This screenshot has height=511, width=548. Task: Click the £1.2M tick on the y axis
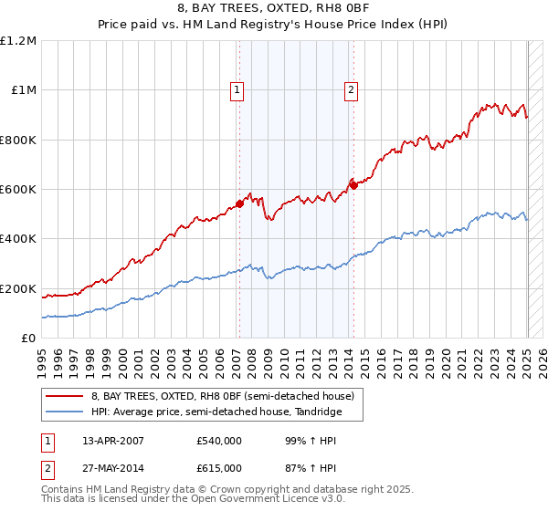coord(19,41)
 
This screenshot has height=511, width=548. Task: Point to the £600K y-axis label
coord(18,190)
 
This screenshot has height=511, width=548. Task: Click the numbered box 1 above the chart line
coord(237,89)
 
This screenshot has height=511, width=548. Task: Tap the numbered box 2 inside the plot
coord(351,89)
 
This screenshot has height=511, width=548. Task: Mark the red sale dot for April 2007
coord(239,204)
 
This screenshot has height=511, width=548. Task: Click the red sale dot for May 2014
coord(353,185)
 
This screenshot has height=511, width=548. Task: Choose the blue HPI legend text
coord(216,412)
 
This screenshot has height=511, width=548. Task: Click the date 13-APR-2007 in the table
coord(112,441)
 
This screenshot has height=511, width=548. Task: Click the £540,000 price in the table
coord(219,441)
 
